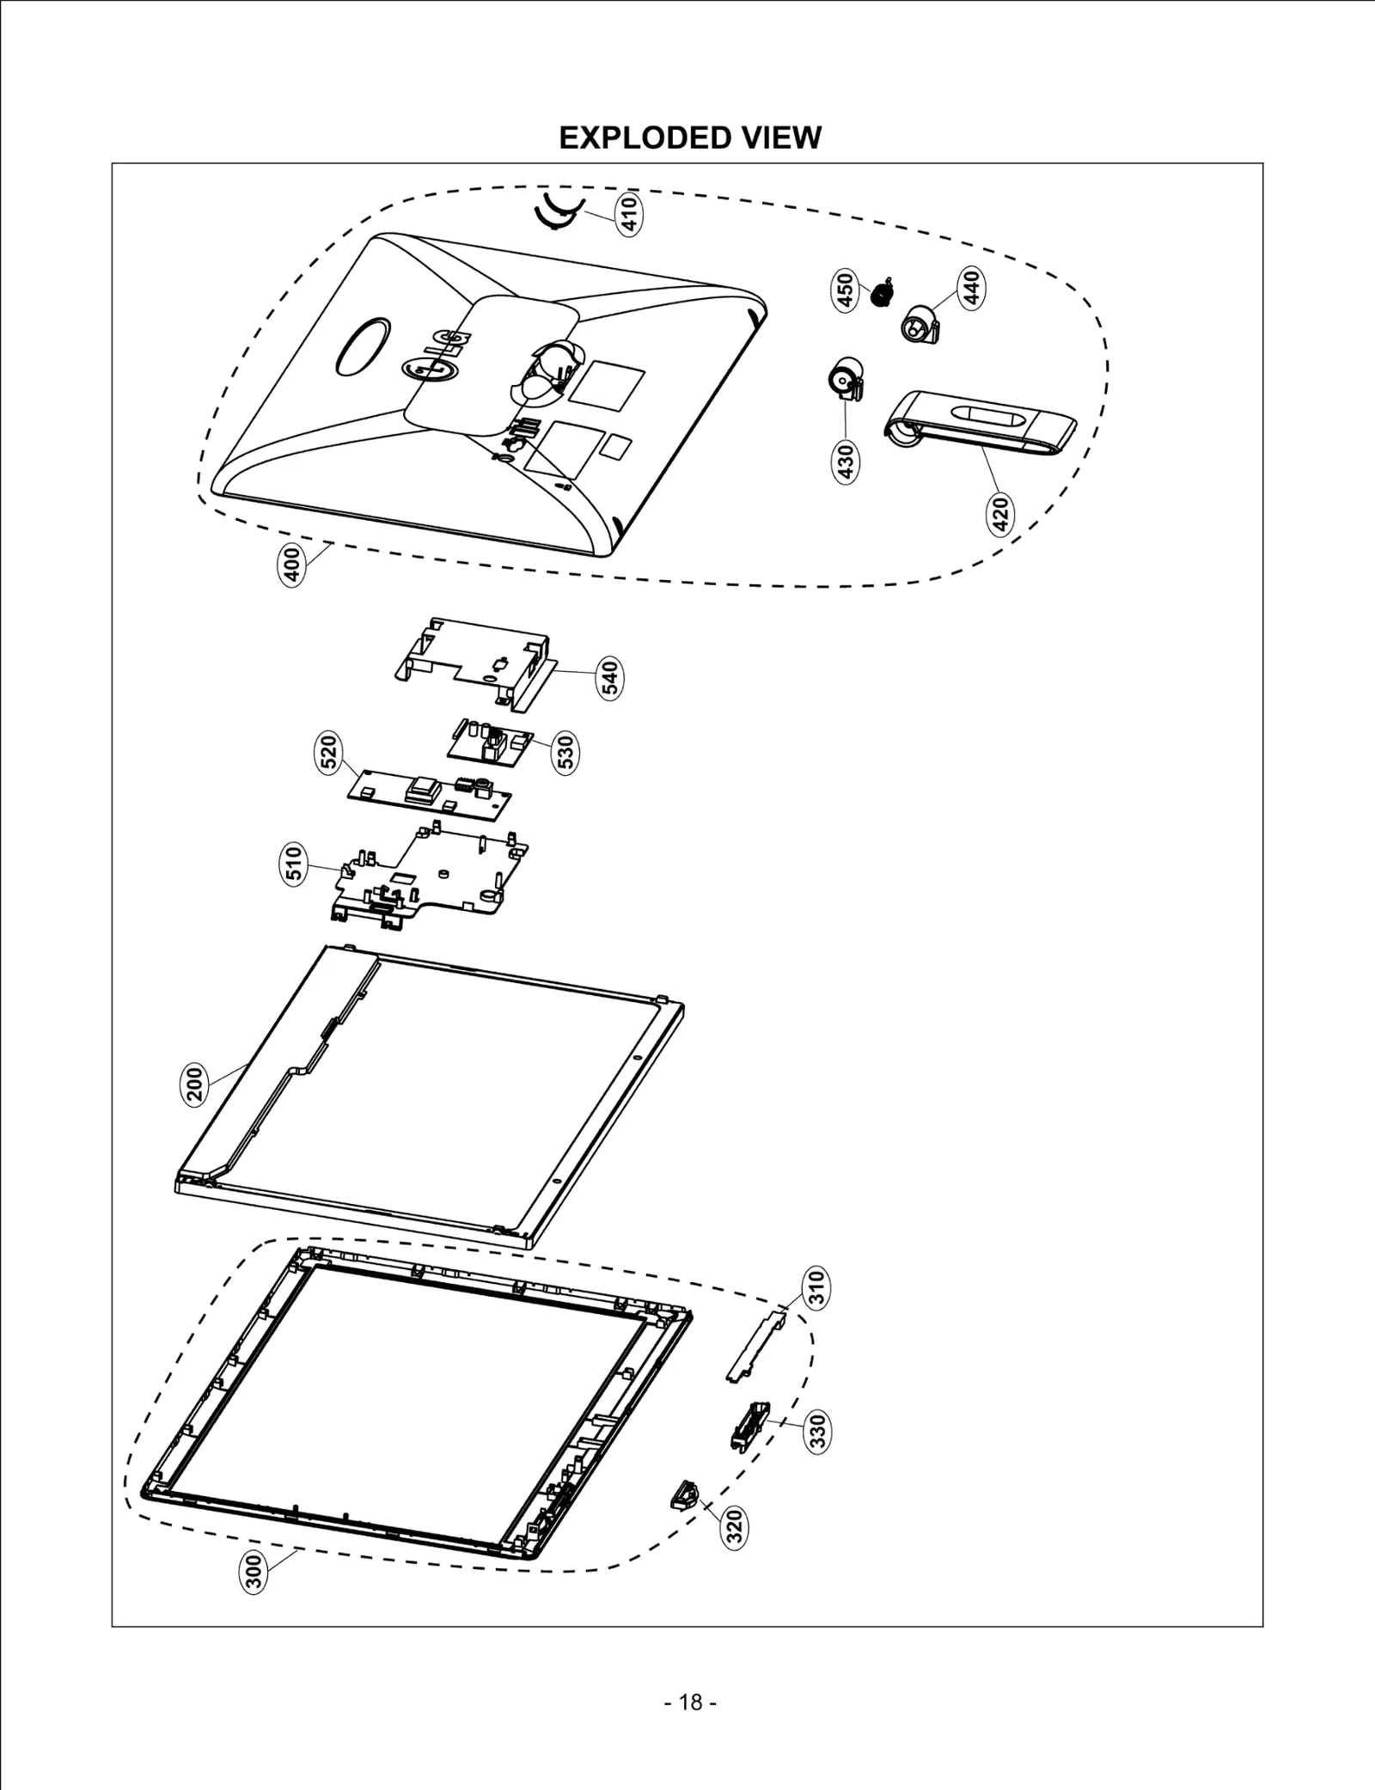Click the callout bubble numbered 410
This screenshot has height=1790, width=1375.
[x=629, y=215]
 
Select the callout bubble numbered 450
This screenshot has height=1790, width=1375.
[x=846, y=290]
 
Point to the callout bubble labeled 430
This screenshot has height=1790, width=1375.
[x=846, y=461]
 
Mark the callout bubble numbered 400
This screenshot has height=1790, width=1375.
[x=292, y=565]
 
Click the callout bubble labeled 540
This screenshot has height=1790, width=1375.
[x=610, y=678]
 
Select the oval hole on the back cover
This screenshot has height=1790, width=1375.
[x=364, y=345]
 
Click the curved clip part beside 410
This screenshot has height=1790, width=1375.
[x=557, y=211]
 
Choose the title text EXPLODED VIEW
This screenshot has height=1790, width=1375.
[x=689, y=137]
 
